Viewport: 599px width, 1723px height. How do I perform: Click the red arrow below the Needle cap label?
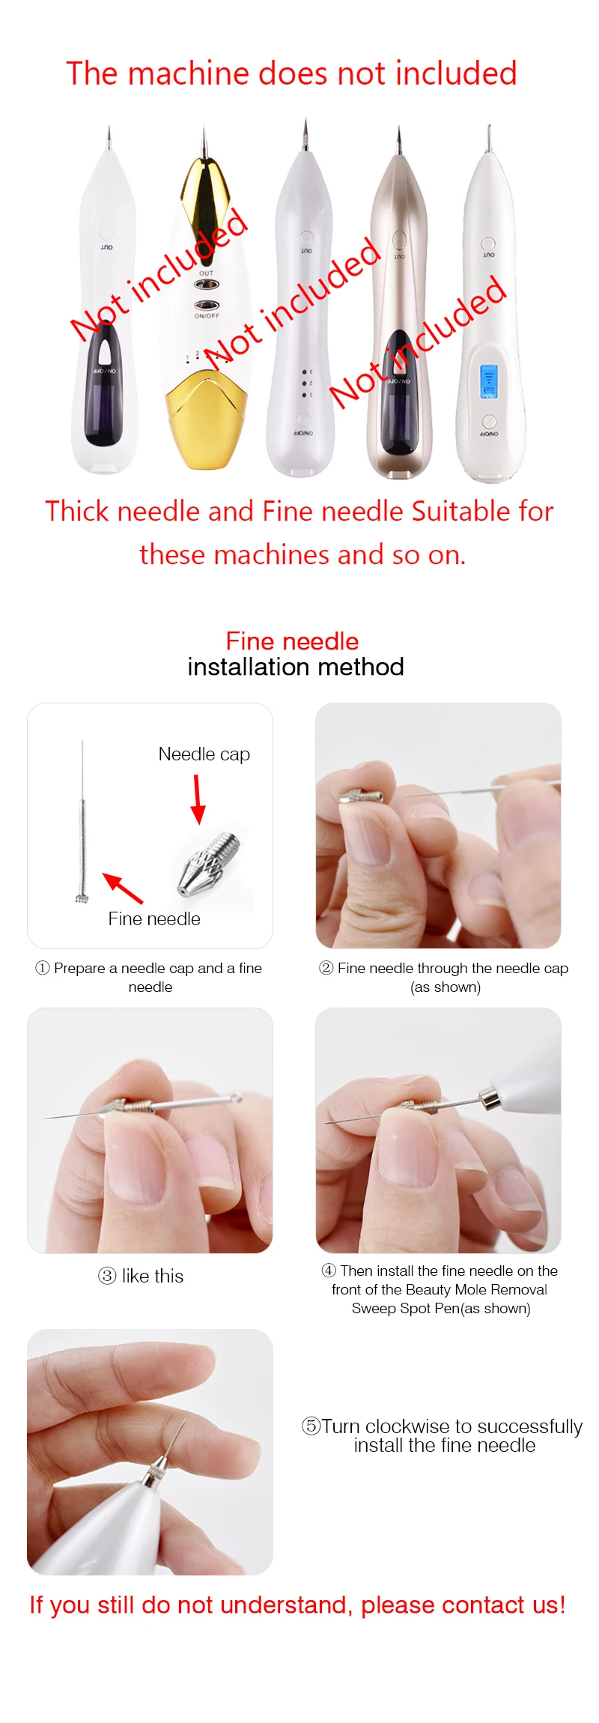click(198, 799)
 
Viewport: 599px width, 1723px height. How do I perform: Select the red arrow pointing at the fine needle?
click(122, 888)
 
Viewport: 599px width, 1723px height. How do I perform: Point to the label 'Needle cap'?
click(204, 754)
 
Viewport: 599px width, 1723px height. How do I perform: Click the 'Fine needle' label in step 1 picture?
click(154, 919)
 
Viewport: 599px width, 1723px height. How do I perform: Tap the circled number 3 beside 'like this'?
click(107, 1276)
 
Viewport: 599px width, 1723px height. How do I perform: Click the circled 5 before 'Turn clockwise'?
click(311, 1426)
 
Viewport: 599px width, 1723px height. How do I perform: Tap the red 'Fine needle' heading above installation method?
click(292, 641)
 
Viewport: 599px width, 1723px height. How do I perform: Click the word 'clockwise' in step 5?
click(407, 1426)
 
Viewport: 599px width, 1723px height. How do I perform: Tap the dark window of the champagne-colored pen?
click(398, 393)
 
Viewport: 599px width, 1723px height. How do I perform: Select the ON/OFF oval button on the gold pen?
click(207, 305)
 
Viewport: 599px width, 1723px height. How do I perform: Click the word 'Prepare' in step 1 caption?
click(79, 968)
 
